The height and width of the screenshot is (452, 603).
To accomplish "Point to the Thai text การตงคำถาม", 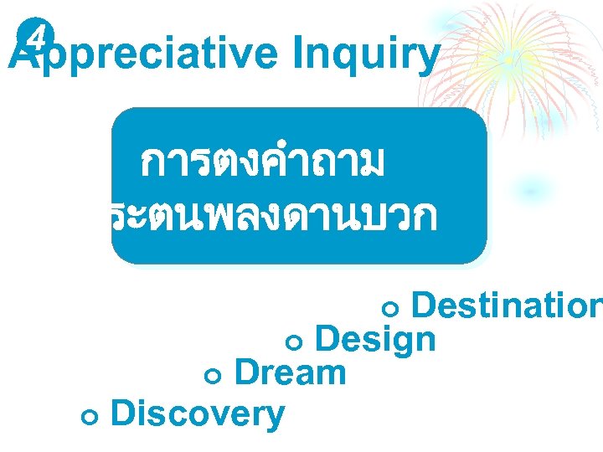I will pos(262,162).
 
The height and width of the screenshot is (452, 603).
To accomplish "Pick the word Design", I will pos(375,340).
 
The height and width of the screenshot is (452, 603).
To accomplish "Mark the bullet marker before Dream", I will pos(211,376).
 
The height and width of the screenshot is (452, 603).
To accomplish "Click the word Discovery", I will pos(197,413).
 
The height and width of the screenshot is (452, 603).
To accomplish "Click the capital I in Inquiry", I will pos(299,55).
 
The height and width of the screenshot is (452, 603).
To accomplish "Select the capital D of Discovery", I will pos(121,413).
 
